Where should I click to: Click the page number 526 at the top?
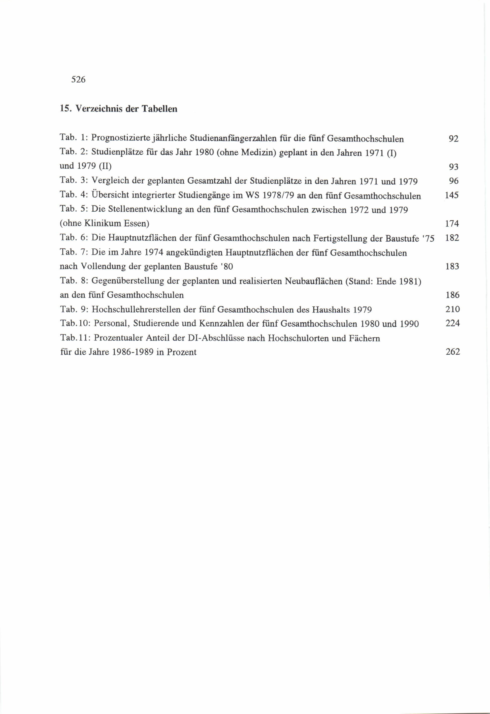point(78,80)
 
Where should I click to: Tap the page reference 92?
point(453,139)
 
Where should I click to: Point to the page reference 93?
point(453,167)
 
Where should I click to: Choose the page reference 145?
point(452,195)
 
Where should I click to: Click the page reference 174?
point(452,223)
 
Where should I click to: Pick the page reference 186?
point(452,295)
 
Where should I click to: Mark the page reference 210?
point(452,309)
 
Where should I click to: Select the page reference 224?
point(452,323)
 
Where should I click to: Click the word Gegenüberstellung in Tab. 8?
point(128,281)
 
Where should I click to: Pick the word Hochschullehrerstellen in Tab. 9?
point(136,309)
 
